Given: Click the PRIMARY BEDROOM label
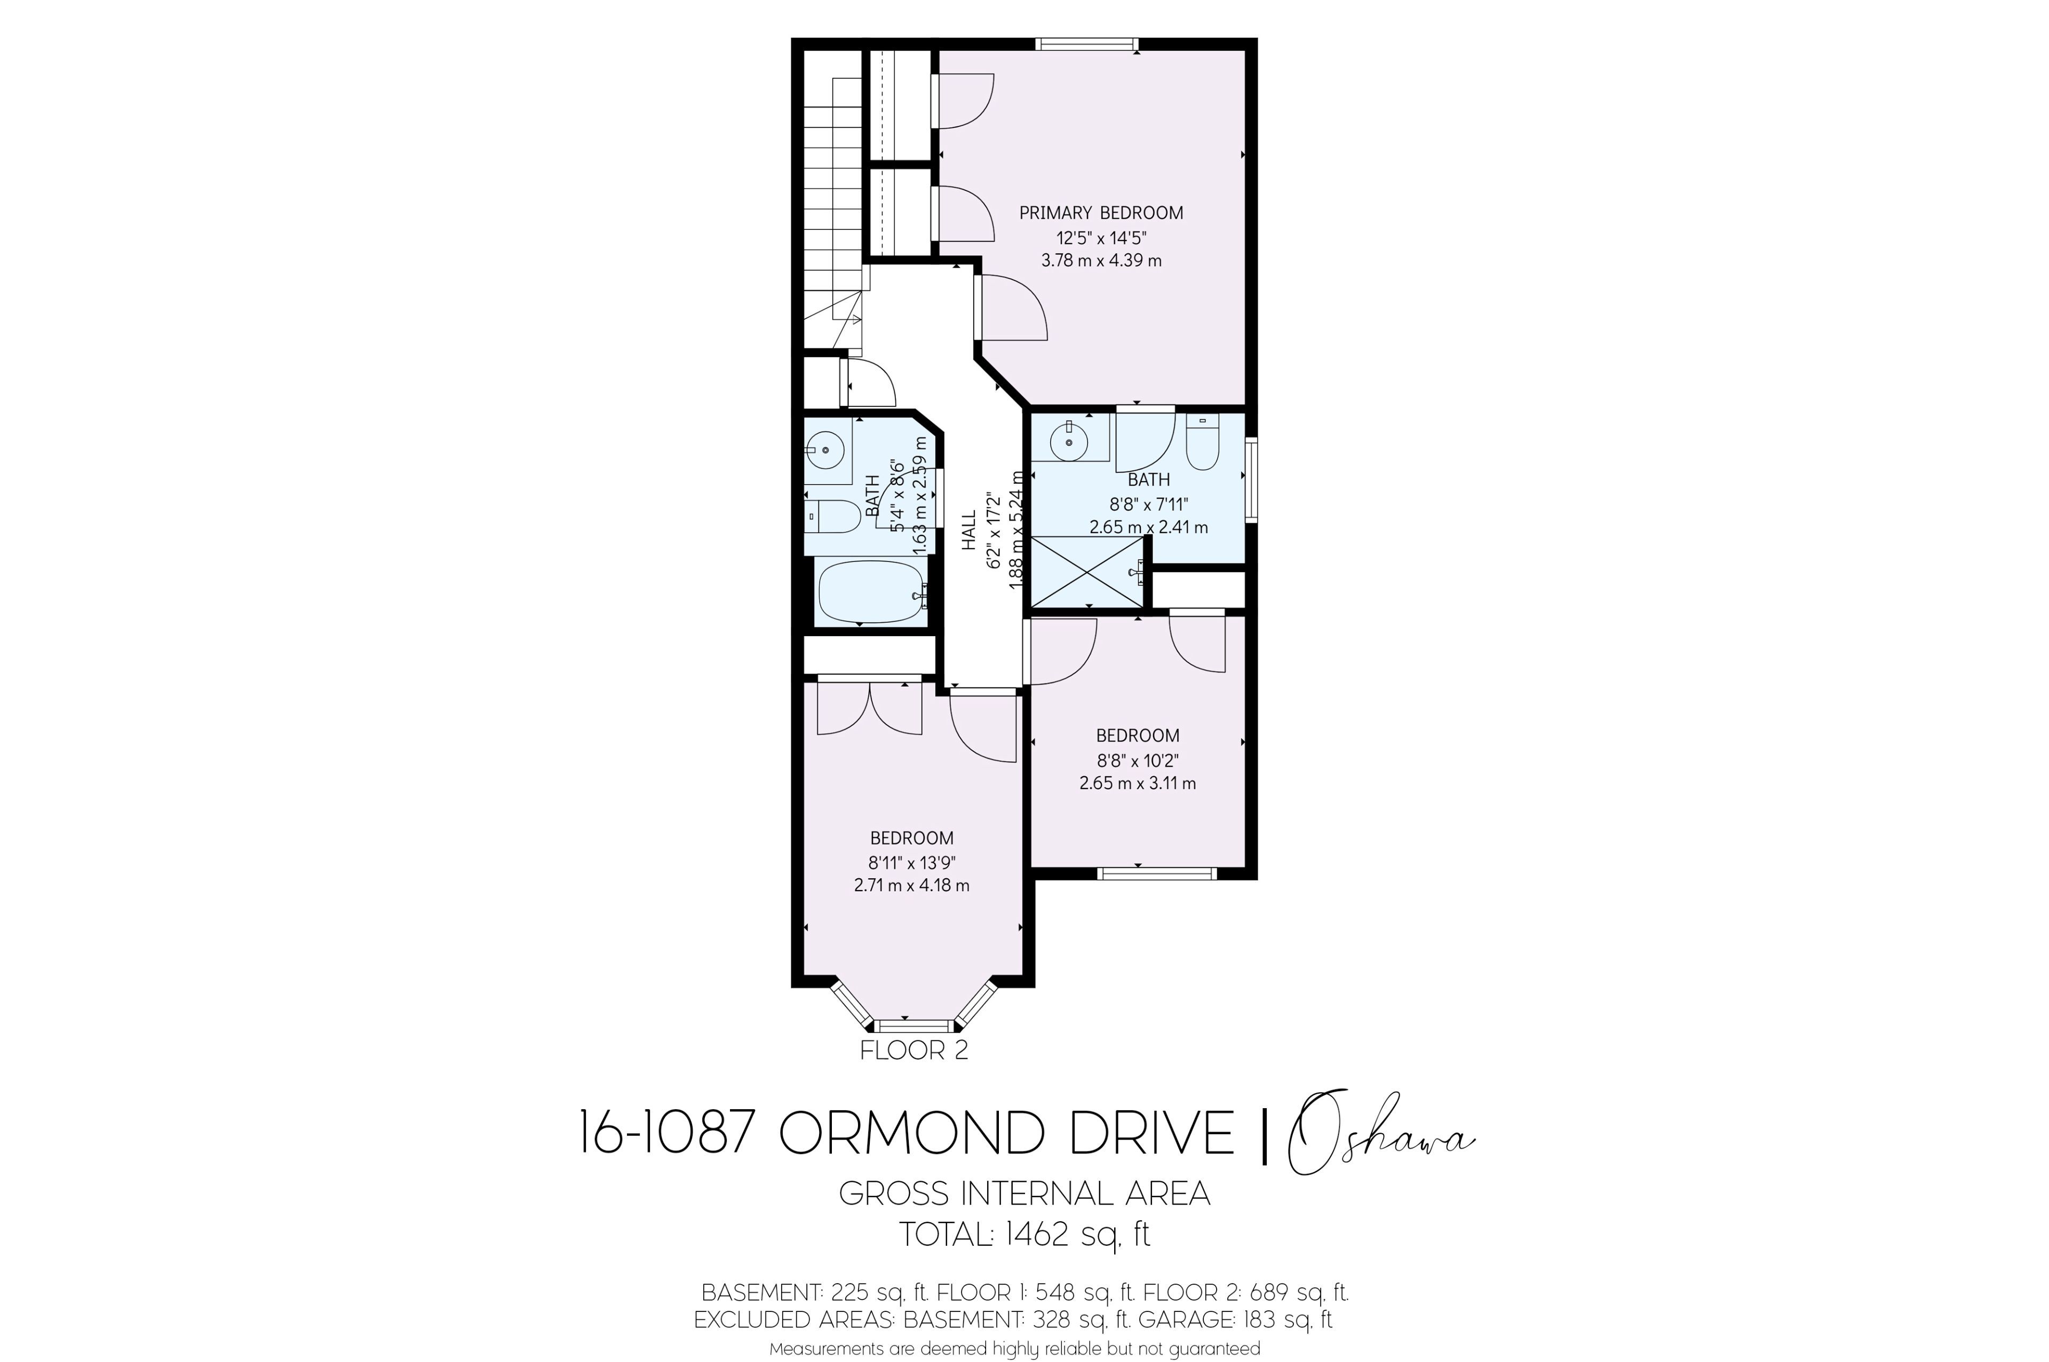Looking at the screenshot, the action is coord(1101,213).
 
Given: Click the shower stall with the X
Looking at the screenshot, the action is coord(1087,572).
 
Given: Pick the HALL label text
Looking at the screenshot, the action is coord(969,530).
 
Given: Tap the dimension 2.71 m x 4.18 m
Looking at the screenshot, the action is coord(911,886).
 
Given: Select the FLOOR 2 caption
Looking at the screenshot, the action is coord(914,1050).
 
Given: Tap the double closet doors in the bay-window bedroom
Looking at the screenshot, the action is coord(869,707).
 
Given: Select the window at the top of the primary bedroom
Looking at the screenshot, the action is coord(1086,43).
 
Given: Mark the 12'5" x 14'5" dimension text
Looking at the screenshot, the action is coord(1101,237).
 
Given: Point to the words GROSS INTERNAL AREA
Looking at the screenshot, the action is coord(1024,1193).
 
